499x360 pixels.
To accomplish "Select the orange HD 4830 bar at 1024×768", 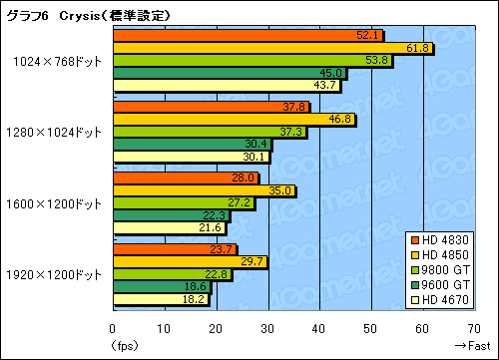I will pos(247,36).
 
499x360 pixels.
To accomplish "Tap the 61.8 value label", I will pos(418,48).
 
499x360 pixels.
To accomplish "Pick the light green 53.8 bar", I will pos(251,60).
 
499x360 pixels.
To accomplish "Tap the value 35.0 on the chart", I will pos(280,191).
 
